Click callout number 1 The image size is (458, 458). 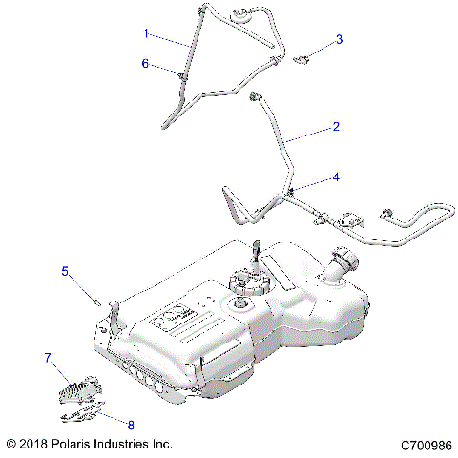point(146,33)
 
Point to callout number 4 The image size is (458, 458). point(334,177)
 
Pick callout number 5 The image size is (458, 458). point(66,271)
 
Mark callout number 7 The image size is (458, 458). point(46,358)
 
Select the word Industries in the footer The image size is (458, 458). point(134,445)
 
